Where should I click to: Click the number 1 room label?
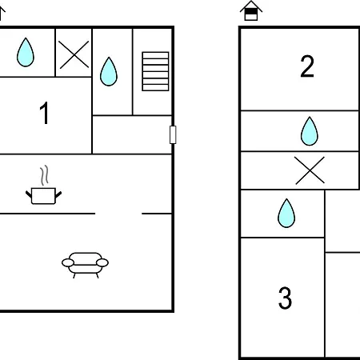click(45, 113)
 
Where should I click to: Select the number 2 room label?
click(307, 66)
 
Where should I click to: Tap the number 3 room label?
click(285, 298)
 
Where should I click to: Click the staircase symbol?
click(155, 71)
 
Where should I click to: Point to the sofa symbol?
click(85, 265)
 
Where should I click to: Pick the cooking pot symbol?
click(43, 196)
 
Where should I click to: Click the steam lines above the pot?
click(45, 175)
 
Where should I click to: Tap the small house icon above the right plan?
click(251, 10)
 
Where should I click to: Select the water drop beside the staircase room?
click(109, 71)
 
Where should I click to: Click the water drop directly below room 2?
click(310, 131)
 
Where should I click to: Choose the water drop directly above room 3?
click(286, 213)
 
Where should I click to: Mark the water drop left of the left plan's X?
click(26, 52)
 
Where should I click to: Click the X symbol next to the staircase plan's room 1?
click(74, 54)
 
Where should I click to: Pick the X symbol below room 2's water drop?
click(310, 170)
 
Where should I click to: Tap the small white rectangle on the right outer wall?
click(173, 134)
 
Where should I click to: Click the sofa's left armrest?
click(68, 262)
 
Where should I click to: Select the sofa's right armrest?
click(102, 262)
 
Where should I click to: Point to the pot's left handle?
click(29, 194)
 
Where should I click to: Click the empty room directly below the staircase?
click(132, 134)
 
